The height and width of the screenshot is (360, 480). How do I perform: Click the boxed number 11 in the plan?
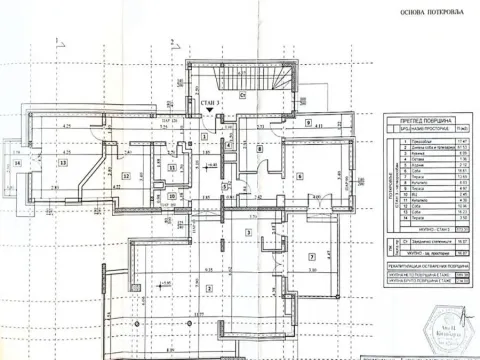(172, 168)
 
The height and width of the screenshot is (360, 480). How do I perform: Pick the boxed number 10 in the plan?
(172, 195)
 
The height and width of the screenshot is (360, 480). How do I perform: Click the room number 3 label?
(247, 233)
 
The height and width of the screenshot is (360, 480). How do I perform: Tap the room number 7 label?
(313, 257)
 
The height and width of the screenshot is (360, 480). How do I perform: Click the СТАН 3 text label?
(211, 102)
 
